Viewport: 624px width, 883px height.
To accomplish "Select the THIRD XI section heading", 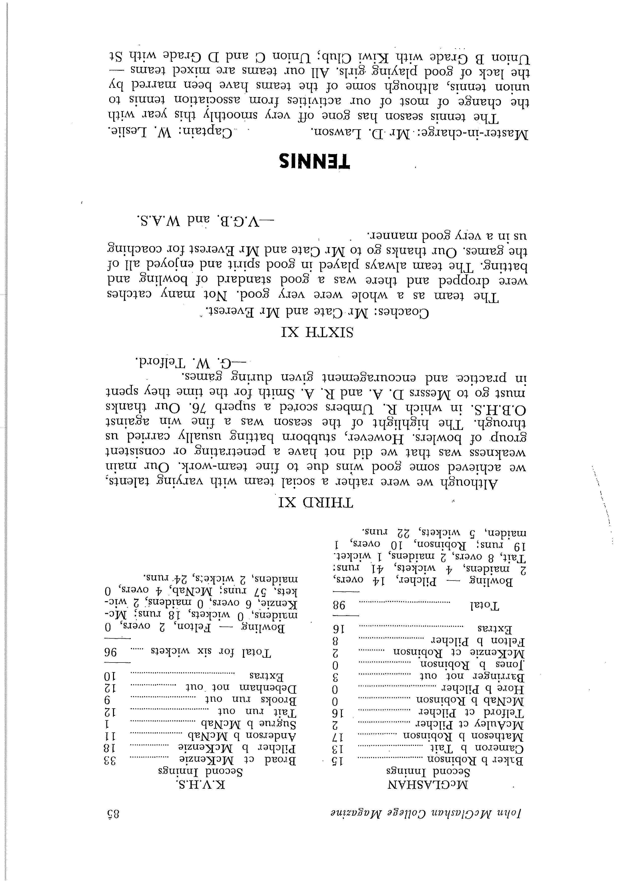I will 316,502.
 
